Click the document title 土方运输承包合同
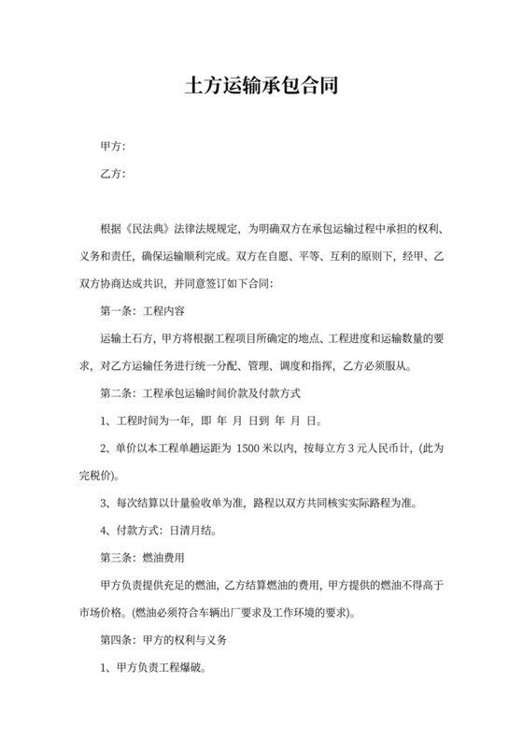coord(261,87)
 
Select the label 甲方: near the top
coord(112,147)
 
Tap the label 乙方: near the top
coord(112,173)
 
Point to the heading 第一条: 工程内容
coord(148,307)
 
